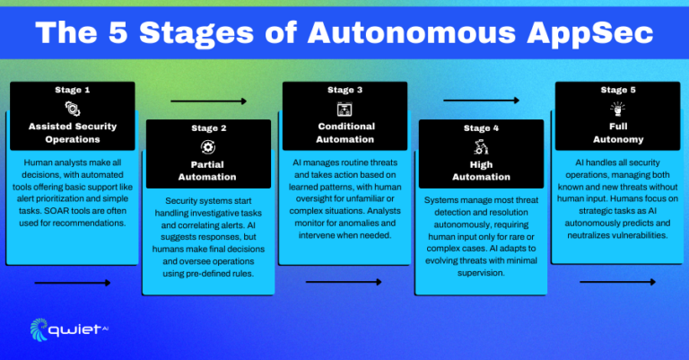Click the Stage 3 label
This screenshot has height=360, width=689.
[x=344, y=90]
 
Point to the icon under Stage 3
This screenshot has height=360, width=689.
[x=344, y=109]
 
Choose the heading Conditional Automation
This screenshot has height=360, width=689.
[x=344, y=133]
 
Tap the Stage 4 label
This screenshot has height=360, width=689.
[x=481, y=127]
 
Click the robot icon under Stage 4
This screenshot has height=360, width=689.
[x=481, y=146]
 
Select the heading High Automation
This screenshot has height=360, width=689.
[x=481, y=171]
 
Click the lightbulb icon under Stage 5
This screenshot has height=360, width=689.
[x=617, y=109]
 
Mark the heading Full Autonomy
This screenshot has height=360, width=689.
[x=617, y=133]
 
